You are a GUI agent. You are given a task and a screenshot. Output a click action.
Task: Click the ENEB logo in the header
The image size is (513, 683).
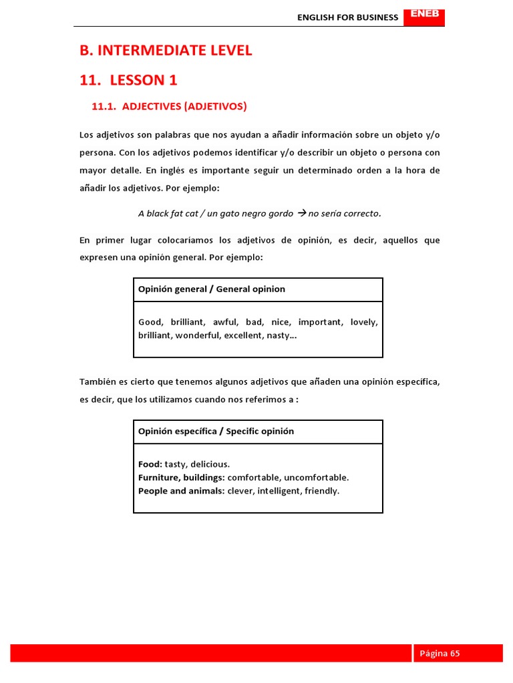424,14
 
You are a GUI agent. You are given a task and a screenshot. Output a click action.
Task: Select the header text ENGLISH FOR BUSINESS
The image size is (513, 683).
347,17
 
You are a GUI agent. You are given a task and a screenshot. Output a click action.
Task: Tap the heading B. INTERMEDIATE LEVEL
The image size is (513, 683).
166,51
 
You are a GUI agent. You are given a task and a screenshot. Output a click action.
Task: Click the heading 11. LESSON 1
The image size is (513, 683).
128,81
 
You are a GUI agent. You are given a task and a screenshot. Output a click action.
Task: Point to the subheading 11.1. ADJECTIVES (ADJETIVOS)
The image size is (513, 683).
168,106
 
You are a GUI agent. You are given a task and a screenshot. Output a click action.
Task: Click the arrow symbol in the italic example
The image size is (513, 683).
301,213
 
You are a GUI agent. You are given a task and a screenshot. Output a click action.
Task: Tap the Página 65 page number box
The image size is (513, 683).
458,653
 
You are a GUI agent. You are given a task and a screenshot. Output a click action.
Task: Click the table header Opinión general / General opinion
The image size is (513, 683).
211,289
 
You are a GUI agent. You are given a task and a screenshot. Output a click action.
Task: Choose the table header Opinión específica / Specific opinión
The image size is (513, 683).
216,431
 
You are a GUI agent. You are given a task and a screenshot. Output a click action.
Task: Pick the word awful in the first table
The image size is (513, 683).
224,322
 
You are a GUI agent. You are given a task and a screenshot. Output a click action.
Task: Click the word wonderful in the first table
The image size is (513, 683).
198,335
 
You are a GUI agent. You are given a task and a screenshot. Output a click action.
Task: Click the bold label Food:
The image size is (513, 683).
150,464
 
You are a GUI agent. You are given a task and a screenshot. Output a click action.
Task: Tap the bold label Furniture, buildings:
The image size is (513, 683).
181,478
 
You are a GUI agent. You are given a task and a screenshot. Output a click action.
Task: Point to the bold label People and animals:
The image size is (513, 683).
181,491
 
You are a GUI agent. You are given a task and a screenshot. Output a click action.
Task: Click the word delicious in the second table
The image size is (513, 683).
210,464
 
